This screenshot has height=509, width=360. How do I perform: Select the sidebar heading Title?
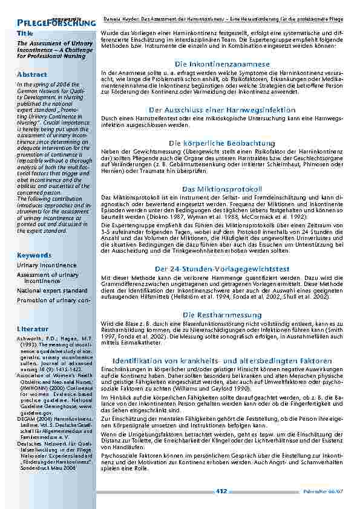click(x=25, y=33)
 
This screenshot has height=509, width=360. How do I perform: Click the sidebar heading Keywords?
click(x=34, y=255)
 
